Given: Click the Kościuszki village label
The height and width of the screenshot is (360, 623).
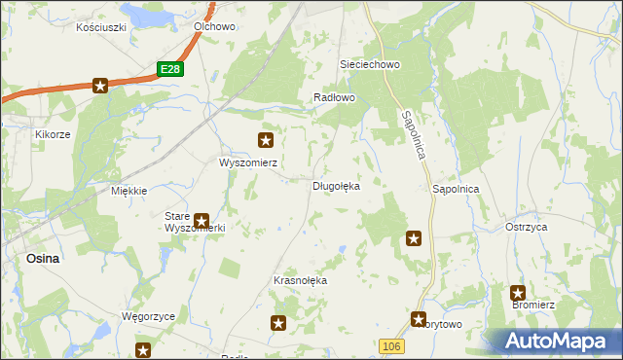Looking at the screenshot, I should (101, 27).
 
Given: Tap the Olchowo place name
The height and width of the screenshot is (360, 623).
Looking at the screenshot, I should (215, 27).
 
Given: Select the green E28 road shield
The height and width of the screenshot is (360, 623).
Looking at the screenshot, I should (170, 69).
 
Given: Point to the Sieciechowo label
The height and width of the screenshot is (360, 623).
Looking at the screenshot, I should (370, 64).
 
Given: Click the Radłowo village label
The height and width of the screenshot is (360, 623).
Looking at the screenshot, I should (335, 98).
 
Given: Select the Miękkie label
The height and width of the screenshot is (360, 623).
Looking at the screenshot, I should (128, 191).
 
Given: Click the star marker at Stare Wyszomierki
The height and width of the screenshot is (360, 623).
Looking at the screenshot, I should (202, 222).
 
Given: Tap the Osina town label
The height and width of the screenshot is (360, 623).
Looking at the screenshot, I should (43, 259).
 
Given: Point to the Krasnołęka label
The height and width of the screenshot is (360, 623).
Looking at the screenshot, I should (301, 280).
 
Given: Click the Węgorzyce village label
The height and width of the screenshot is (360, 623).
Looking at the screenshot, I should (147, 317).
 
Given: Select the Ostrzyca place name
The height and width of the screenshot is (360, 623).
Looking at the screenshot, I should (526, 226).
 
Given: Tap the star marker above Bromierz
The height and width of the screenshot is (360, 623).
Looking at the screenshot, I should (518, 292).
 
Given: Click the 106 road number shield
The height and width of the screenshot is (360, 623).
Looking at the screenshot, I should (390, 346).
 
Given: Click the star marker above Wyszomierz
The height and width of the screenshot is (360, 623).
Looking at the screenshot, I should (265, 140).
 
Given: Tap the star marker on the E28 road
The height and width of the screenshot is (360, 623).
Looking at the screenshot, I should (100, 86).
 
